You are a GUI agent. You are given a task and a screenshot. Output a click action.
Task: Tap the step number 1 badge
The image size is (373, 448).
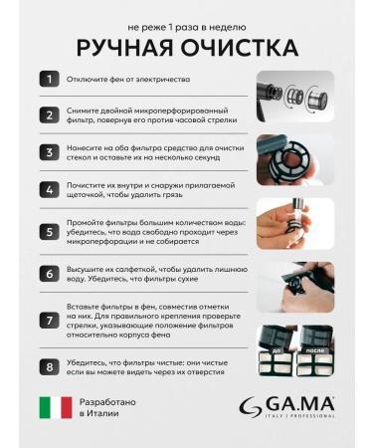48,77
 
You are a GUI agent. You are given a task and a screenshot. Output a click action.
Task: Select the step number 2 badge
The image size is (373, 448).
48,114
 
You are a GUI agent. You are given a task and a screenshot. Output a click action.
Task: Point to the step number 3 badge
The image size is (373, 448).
48,152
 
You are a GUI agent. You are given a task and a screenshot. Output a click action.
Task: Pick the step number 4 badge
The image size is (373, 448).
48,190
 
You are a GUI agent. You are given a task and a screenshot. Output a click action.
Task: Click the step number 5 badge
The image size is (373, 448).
48,232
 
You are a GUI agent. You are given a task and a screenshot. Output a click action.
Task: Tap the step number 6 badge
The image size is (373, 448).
48,274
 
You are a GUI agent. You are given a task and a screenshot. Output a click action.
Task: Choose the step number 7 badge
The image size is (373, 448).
48,320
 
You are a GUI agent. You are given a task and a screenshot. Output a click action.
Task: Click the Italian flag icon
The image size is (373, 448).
56,407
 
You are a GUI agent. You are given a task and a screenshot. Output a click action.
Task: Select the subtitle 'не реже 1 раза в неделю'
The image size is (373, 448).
185,18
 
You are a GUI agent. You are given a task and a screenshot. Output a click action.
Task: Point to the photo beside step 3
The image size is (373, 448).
295,155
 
